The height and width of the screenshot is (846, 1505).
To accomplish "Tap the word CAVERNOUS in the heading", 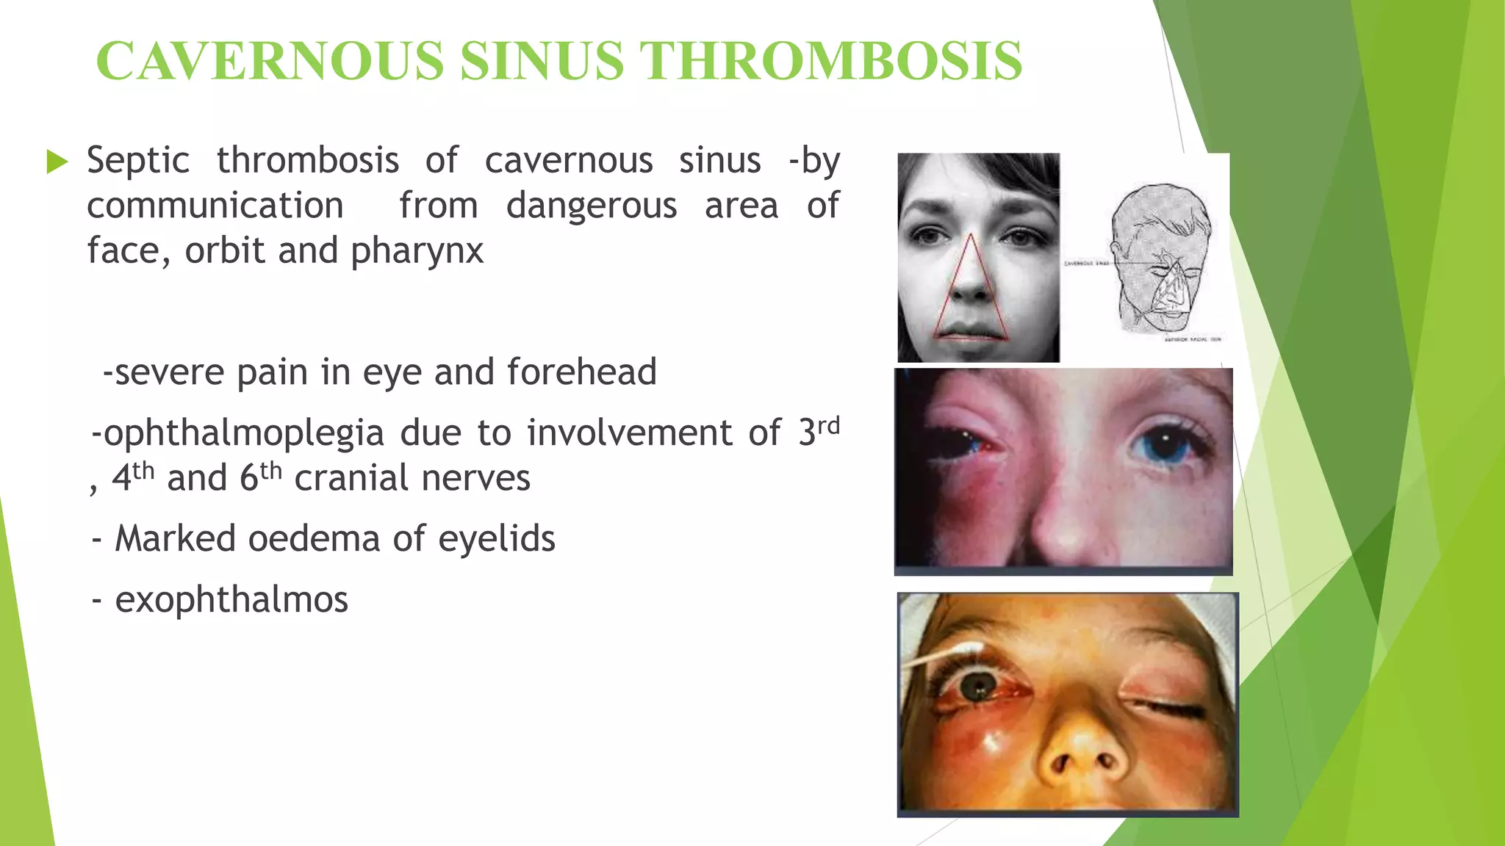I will click(270, 60).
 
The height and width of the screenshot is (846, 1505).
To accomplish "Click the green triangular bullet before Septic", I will click(57, 162).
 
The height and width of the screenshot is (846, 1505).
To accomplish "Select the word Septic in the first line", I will click(138, 161).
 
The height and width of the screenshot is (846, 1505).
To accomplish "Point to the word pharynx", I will click(417, 251).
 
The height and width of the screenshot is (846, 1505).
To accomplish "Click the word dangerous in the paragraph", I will click(592, 206).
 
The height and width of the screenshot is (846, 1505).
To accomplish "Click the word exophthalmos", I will click(231, 599).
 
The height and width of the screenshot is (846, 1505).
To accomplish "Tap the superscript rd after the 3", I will click(828, 426).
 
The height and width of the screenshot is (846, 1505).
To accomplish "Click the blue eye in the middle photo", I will click(1165, 445).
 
